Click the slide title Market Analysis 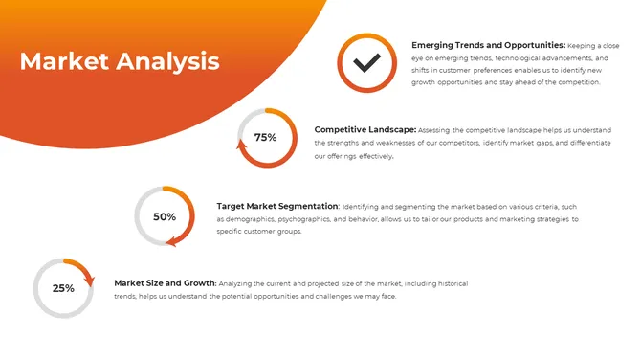(x=120, y=62)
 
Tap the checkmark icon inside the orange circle (x=367, y=63)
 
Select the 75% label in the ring (x=265, y=138)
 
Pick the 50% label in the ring (x=165, y=217)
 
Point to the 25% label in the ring (x=63, y=288)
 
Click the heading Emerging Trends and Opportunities (x=488, y=45)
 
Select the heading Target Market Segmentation (x=277, y=206)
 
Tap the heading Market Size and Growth (x=166, y=283)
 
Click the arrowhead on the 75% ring (x=242, y=146)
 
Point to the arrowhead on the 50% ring (x=172, y=241)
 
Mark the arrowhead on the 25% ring (x=89, y=281)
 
